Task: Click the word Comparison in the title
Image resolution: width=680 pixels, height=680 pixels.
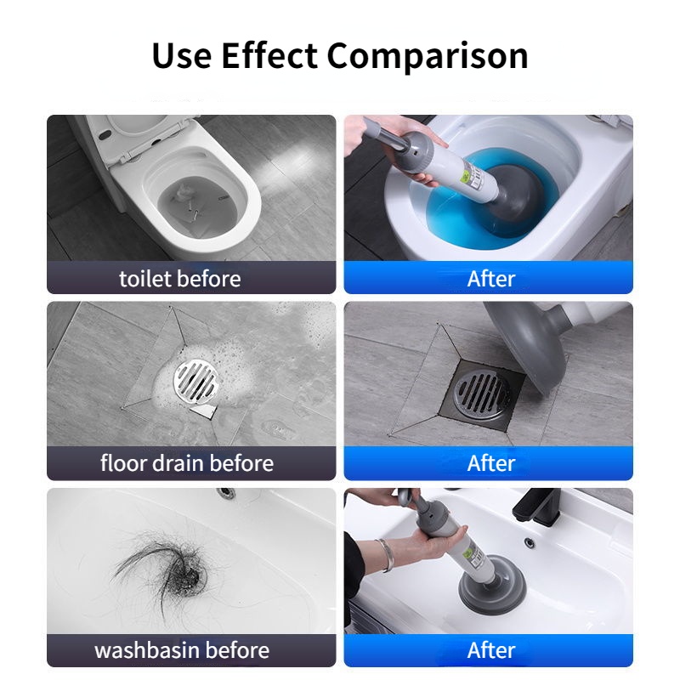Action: point(428,56)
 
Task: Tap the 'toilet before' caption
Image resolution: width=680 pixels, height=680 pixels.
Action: point(179,279)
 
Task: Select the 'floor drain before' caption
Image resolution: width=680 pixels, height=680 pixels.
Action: point(187,463)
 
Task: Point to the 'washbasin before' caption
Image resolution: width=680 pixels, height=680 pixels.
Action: point(181,650)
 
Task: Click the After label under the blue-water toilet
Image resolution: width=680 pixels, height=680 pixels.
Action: point(491,279)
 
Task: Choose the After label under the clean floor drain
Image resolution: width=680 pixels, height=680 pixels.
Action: point(491,463)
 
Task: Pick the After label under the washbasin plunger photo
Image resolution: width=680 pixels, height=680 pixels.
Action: point(491,650)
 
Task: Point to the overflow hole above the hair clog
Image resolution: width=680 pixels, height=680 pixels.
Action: point(225,491)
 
